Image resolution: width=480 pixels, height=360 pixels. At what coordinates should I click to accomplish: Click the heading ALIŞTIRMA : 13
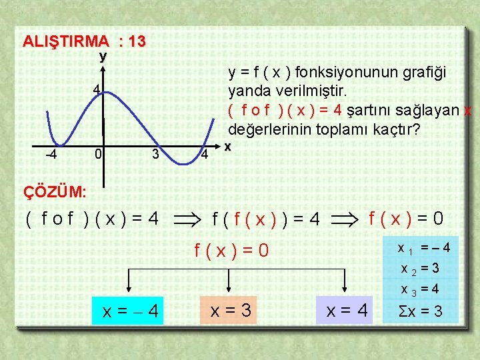(x=84, y=41)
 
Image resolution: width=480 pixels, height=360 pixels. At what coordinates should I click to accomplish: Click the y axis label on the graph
(x=103, y=57)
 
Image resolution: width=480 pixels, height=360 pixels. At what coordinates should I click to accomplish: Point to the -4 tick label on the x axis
(x=50, y=155)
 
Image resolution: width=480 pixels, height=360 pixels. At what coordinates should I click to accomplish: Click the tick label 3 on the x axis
(x=155, y=155)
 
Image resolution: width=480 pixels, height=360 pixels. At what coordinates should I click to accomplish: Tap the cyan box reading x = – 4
(x=131, y=311)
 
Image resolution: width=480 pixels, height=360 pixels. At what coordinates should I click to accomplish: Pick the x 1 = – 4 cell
(x=423, y=248)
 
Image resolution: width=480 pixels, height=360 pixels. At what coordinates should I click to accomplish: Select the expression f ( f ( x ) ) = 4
(x=266, y=218)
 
